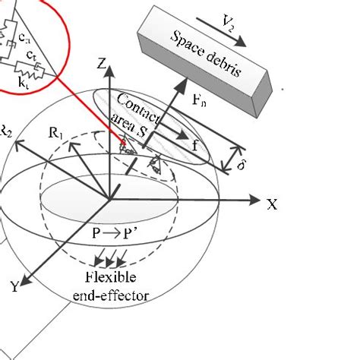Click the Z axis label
[x=99, y=65]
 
